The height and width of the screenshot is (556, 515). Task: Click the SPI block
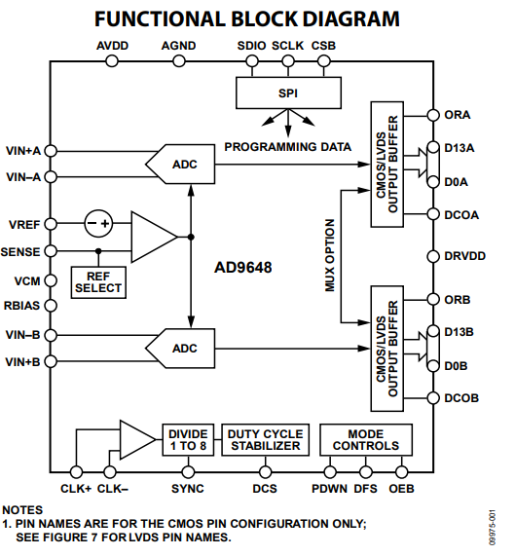[x=288, y=93]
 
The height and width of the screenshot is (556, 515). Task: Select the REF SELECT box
[x=98, y=282]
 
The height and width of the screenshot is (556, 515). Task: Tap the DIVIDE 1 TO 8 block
[x=188, y=440]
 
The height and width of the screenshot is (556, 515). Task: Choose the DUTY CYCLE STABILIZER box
[x=266, y=440]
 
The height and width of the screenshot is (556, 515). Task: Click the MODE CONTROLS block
[x=366, y=440]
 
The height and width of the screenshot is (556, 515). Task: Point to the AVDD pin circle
[x=112, y=61]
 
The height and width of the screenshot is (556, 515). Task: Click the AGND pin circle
[x=179, y=61]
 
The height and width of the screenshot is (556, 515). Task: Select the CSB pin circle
[x=323, y=61]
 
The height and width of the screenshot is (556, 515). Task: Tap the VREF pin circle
[x=51, y=224]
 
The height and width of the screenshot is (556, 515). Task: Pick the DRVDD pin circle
[x=433, y=256]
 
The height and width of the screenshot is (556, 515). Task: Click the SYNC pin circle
[x=188, y=472]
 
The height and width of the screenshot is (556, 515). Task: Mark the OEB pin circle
[x=401, y=472]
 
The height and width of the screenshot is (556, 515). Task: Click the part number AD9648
[x=243, y=268]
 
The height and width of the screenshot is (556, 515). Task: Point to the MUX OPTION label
[x=330, y=255]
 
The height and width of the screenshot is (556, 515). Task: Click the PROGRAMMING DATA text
[x=288, y=147]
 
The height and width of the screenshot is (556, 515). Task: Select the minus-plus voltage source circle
[x=98, y=223]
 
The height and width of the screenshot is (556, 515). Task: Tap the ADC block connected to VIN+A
[x=180, y=164]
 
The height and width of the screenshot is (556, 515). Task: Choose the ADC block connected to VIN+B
[x=180, y=349]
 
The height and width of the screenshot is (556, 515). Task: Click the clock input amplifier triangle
[x=137, y=440]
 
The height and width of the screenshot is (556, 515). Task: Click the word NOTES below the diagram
[x=22, y=510]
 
